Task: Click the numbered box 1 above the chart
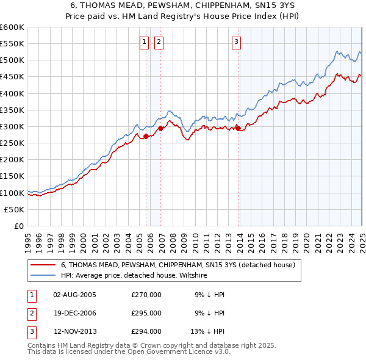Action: pyautogui.click(x=144, y=42)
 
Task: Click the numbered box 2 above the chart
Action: pyautogui.click(x=158, y=42)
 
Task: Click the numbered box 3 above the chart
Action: pyautogui.click(x=236, y=42)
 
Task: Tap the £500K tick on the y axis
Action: pyautogui.click(x=12, y=60)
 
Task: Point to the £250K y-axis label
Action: pyautogui.click(x=12, y=143)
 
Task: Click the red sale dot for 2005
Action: pyautogui.click(x=146, y=137)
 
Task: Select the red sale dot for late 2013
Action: pyautogui.click(x=238, y=128)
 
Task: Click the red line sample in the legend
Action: pyautogui.click(x=43, y=265)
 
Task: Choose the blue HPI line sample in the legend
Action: pyautogui.click(x=43, y=275)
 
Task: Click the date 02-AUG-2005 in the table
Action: pyautogui.click(x=74, y=295)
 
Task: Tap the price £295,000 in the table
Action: pyautogui.click(x=146, y=313)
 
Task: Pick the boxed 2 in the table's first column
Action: pyautogui.click(x=31, y=313)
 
